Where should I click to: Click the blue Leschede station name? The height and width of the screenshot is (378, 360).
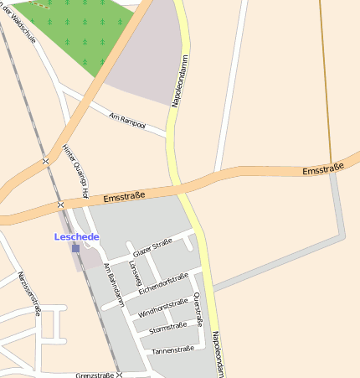(76, 237)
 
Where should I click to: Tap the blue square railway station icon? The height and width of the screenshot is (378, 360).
(75, 248)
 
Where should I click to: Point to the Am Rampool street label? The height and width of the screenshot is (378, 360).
(127, 121)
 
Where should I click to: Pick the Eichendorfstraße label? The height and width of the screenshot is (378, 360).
(163, 283)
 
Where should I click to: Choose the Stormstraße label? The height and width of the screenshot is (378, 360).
(167, 328)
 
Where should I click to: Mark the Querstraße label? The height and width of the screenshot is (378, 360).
(198, 308)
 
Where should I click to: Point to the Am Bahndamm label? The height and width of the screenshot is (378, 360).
(113, 284)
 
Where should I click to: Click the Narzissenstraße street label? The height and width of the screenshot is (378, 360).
(28, 293)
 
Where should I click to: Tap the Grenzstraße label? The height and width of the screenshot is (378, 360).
(93, 375)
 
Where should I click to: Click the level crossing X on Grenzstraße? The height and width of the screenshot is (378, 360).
(119, 375)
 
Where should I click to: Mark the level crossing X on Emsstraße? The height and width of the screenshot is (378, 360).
(60, 205)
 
